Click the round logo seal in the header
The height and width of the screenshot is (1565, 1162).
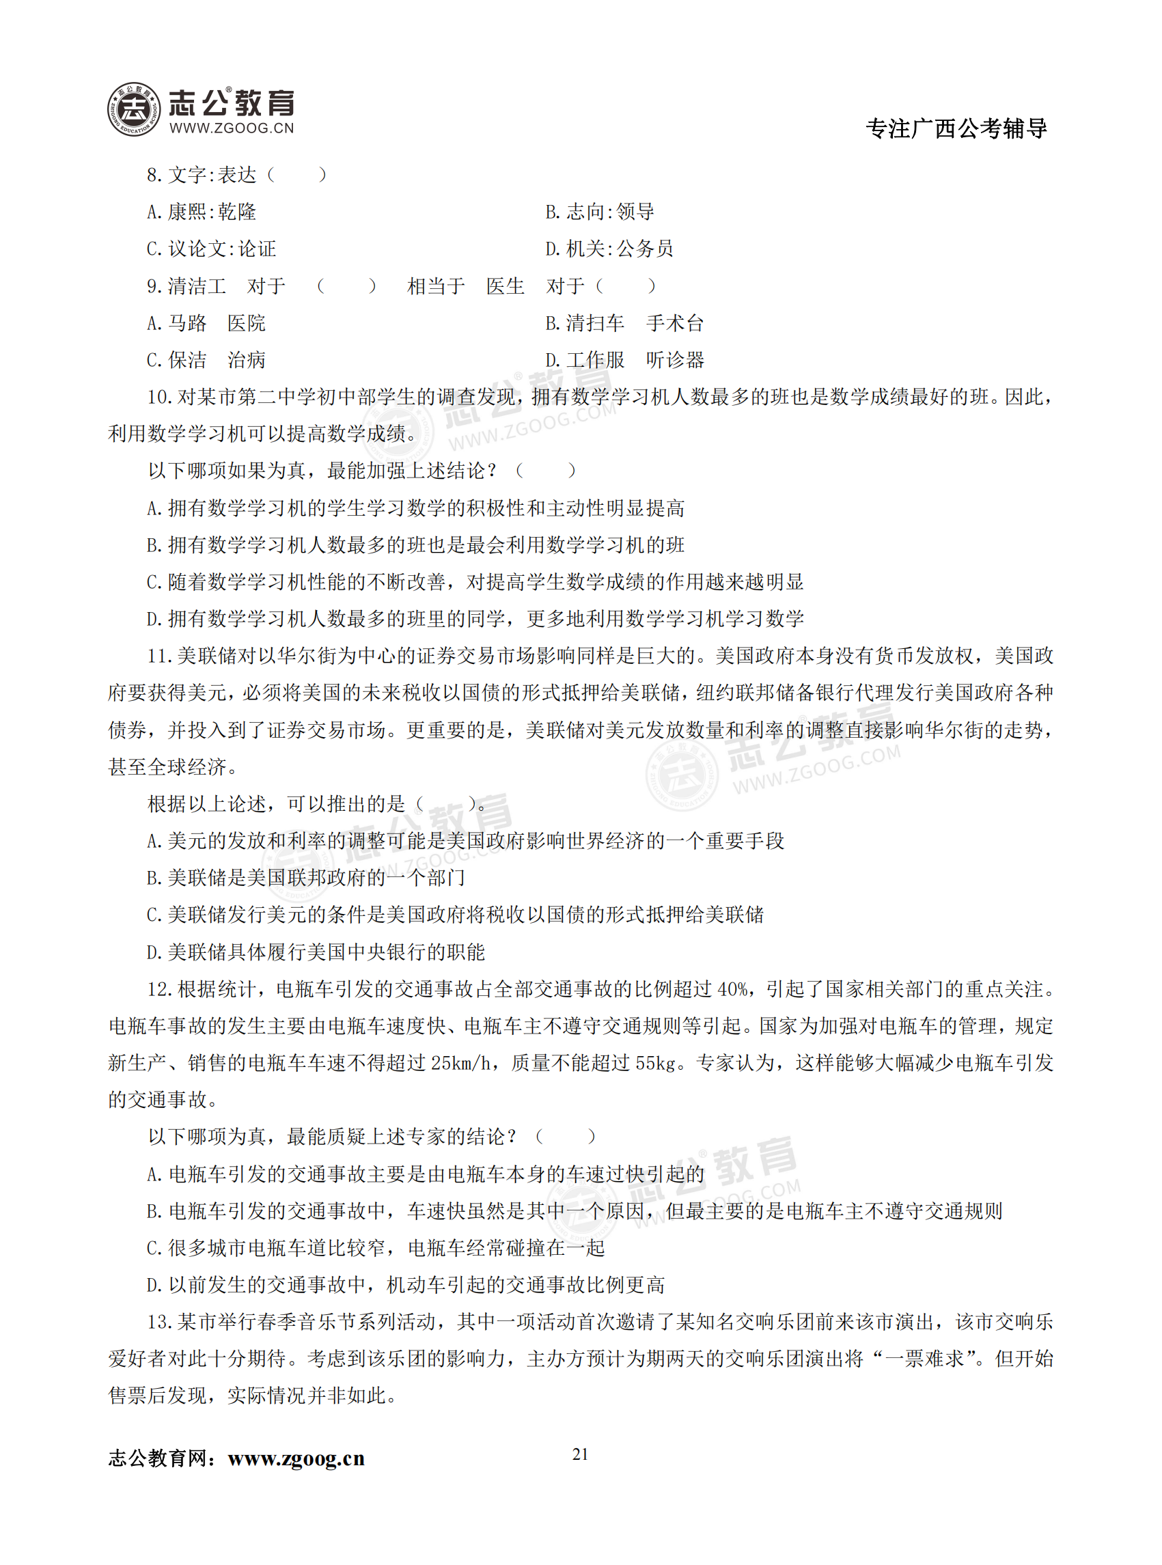tap(134, 109)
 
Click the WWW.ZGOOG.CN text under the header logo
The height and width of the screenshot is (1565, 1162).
tap(232, 128)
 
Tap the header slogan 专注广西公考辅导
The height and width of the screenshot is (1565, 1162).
tap(956, 128)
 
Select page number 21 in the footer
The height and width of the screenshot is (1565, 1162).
tap(580, 1454)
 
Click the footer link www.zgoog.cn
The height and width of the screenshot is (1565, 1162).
tap(296, 1458)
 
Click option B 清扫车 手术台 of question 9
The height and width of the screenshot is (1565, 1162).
tap(624, 323)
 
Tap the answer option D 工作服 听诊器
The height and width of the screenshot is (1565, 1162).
tap(624, 360)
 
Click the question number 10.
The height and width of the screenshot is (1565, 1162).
tap(160, 398)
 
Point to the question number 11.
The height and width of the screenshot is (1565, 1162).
tap(160, 656)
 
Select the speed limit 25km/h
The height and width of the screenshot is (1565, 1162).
tap(461, 1064)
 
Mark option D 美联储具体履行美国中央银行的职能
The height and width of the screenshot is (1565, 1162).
tap(316, 952)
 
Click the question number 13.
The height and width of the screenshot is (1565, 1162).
tap(160, 1322)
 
